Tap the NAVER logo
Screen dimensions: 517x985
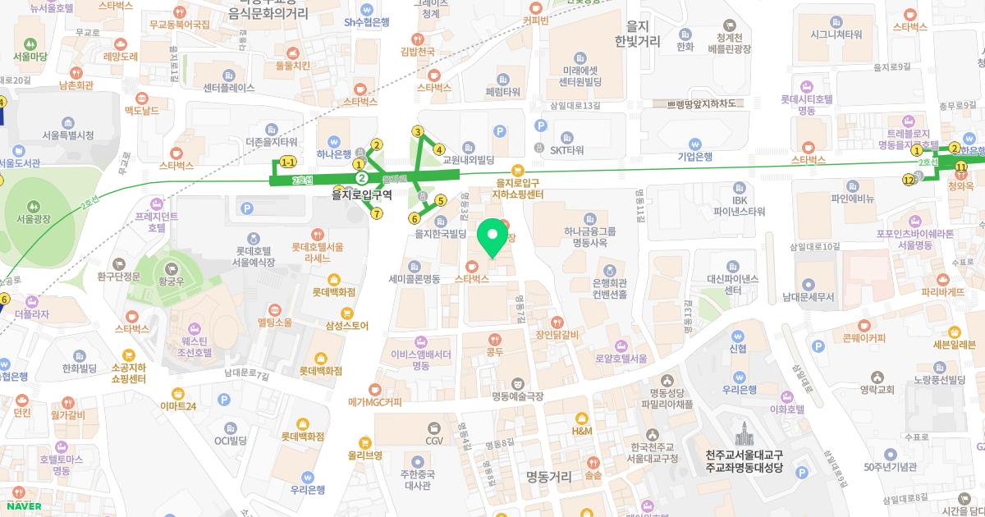coord(22,506)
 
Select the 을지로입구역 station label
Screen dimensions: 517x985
coord(362,195)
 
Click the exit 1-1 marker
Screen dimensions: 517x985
coord(288,162)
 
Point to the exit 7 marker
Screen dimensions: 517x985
coord(377,214)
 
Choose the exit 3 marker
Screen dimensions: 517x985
coord(418,132)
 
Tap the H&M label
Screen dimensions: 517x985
coord(581,431)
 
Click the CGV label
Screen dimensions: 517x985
coord(434,441)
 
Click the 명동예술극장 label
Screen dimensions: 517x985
coord(517,396)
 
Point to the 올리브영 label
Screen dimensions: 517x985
coord(364,455)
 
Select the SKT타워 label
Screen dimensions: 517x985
coord(566,150)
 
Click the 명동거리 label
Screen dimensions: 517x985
coord(548,476)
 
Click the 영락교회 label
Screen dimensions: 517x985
coord(877,390)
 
